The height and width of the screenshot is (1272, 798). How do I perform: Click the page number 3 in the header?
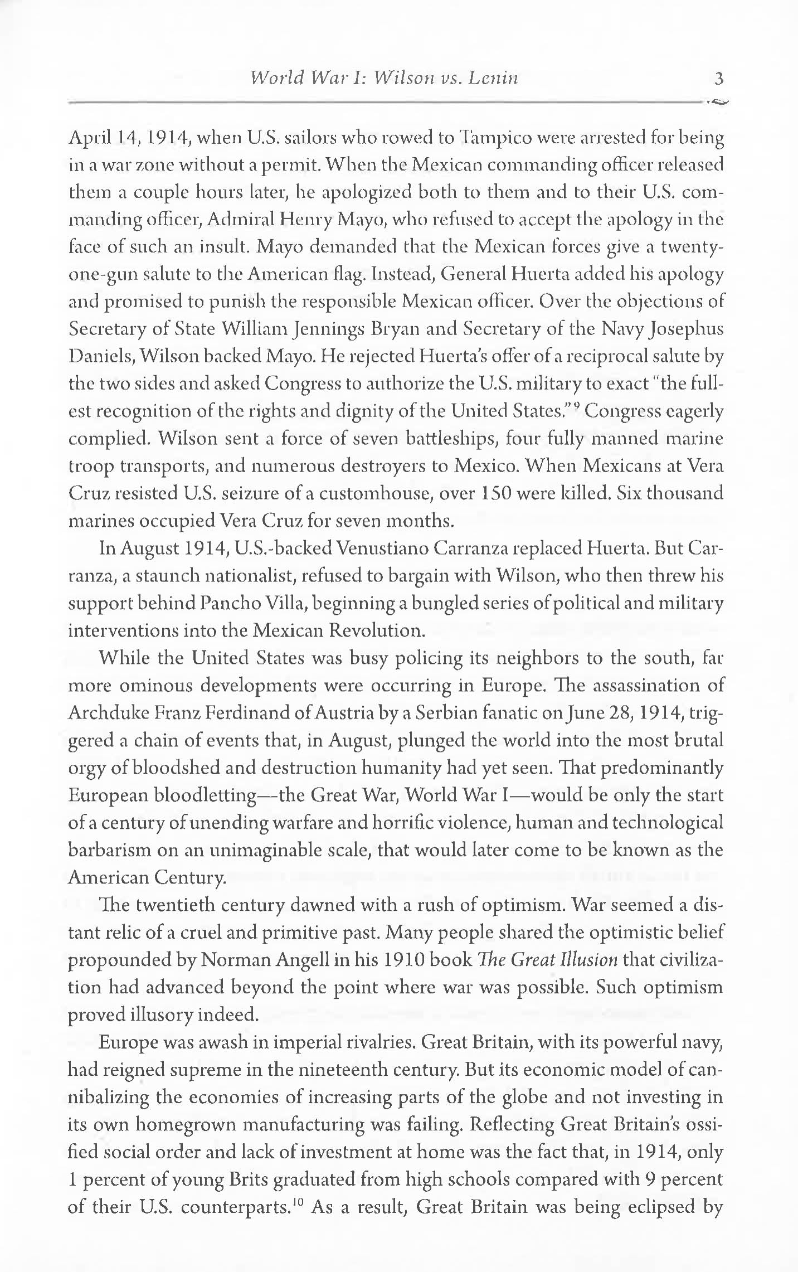pyautogui.click(x=718, y=79)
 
